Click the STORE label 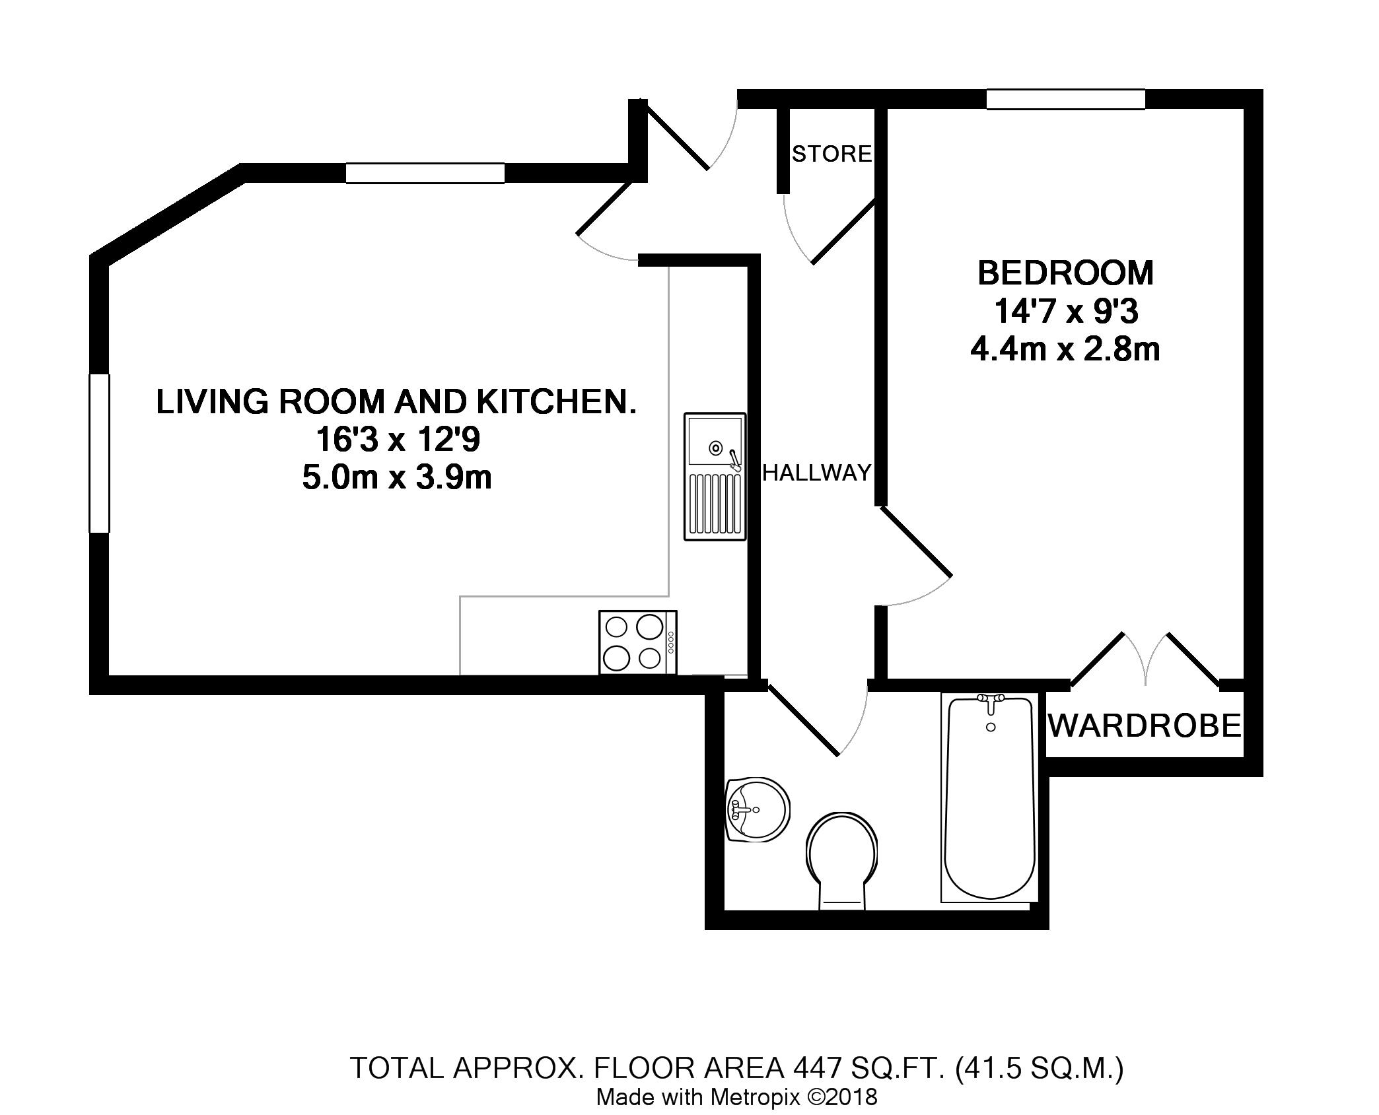832,154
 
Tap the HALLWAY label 817,473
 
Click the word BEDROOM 1065,273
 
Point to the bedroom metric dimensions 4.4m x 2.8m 1065,350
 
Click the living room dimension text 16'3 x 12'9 397,439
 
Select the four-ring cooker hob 638,642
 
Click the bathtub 989,797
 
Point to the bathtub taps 990,704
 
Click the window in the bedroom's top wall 1065,99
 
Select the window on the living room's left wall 99,453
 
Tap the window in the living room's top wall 425,173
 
